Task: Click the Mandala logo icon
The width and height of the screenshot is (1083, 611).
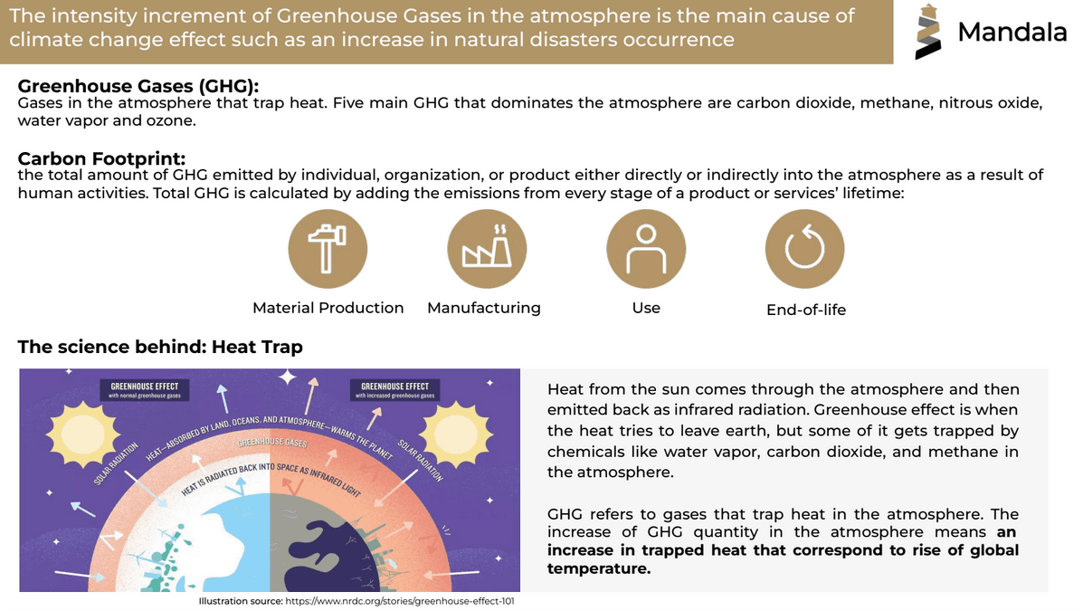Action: pos(927,31)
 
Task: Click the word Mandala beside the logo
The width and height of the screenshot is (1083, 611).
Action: pos(1012,31)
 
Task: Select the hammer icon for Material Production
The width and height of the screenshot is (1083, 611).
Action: pos(328,249)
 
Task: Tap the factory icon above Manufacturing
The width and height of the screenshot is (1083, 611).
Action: pos(487,249)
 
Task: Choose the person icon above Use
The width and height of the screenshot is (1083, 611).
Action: pos(646,249)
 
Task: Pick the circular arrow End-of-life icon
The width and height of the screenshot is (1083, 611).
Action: pos(804,249)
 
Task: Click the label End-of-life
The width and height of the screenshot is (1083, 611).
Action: pos(806,310)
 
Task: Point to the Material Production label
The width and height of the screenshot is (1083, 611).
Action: pos(328,308)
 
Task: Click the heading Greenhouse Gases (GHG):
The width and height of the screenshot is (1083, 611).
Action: pos(138,86)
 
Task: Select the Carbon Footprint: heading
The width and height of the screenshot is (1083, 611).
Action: pos(101,158)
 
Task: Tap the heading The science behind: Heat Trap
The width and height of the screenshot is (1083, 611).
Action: pos(160,347)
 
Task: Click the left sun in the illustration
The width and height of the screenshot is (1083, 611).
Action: pos(83,434)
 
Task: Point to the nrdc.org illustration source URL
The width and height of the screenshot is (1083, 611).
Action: pos(400,601)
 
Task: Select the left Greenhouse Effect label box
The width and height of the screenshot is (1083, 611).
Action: pos(145,390)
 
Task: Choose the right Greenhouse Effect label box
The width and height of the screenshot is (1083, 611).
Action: pos(395,390)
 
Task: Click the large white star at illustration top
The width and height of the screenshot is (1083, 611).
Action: pos(288,377)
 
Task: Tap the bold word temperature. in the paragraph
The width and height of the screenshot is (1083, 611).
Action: pos(599,568)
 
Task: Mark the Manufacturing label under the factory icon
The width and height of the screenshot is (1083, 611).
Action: pos(484,308)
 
